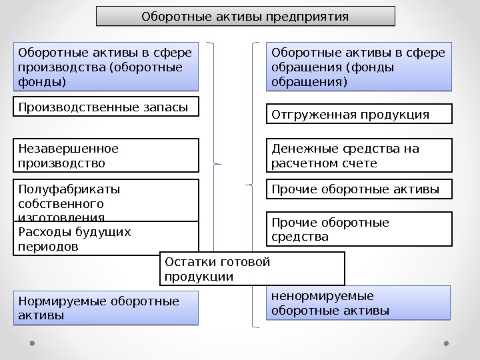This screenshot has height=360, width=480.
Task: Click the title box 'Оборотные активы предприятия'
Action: [245, 16]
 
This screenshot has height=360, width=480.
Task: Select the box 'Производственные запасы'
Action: [107, 107]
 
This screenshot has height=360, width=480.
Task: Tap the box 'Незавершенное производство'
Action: [107, 155]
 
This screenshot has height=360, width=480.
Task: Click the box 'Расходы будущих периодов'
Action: [107, 239]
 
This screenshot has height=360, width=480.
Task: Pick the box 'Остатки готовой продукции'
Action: [253, 269]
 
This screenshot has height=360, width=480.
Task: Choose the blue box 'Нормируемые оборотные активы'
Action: [107, 308]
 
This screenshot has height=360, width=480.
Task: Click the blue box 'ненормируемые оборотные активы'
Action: [359, 303]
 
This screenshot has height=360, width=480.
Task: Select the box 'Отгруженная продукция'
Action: [359, 114]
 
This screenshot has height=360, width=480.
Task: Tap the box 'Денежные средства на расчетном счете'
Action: [359, 155]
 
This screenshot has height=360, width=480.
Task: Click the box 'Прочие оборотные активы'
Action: [359, 189]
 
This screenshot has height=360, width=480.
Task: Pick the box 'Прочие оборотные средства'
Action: [359, 229]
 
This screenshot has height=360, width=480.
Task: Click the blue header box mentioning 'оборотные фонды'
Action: [107, 67]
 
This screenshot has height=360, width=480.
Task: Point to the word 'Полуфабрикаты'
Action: [69, 189]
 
